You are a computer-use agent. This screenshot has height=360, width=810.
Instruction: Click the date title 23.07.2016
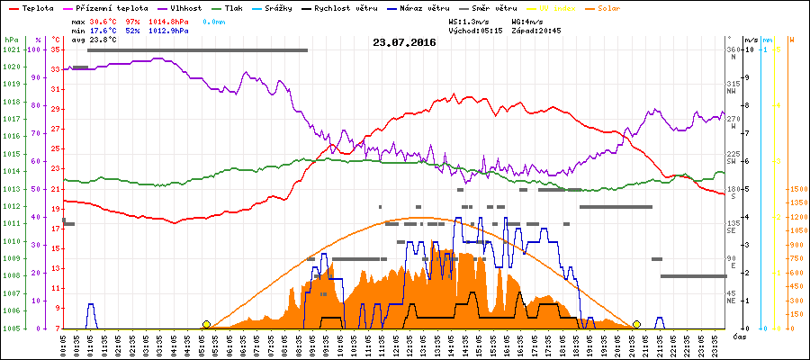pos(404,42)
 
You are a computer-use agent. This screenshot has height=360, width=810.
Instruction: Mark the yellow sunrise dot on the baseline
pos(207,324)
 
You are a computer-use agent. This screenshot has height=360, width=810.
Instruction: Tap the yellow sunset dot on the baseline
pos(636,324)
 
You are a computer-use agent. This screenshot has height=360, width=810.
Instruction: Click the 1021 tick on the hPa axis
pos(11,50)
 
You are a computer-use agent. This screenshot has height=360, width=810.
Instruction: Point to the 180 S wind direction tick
pos(733,192)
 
